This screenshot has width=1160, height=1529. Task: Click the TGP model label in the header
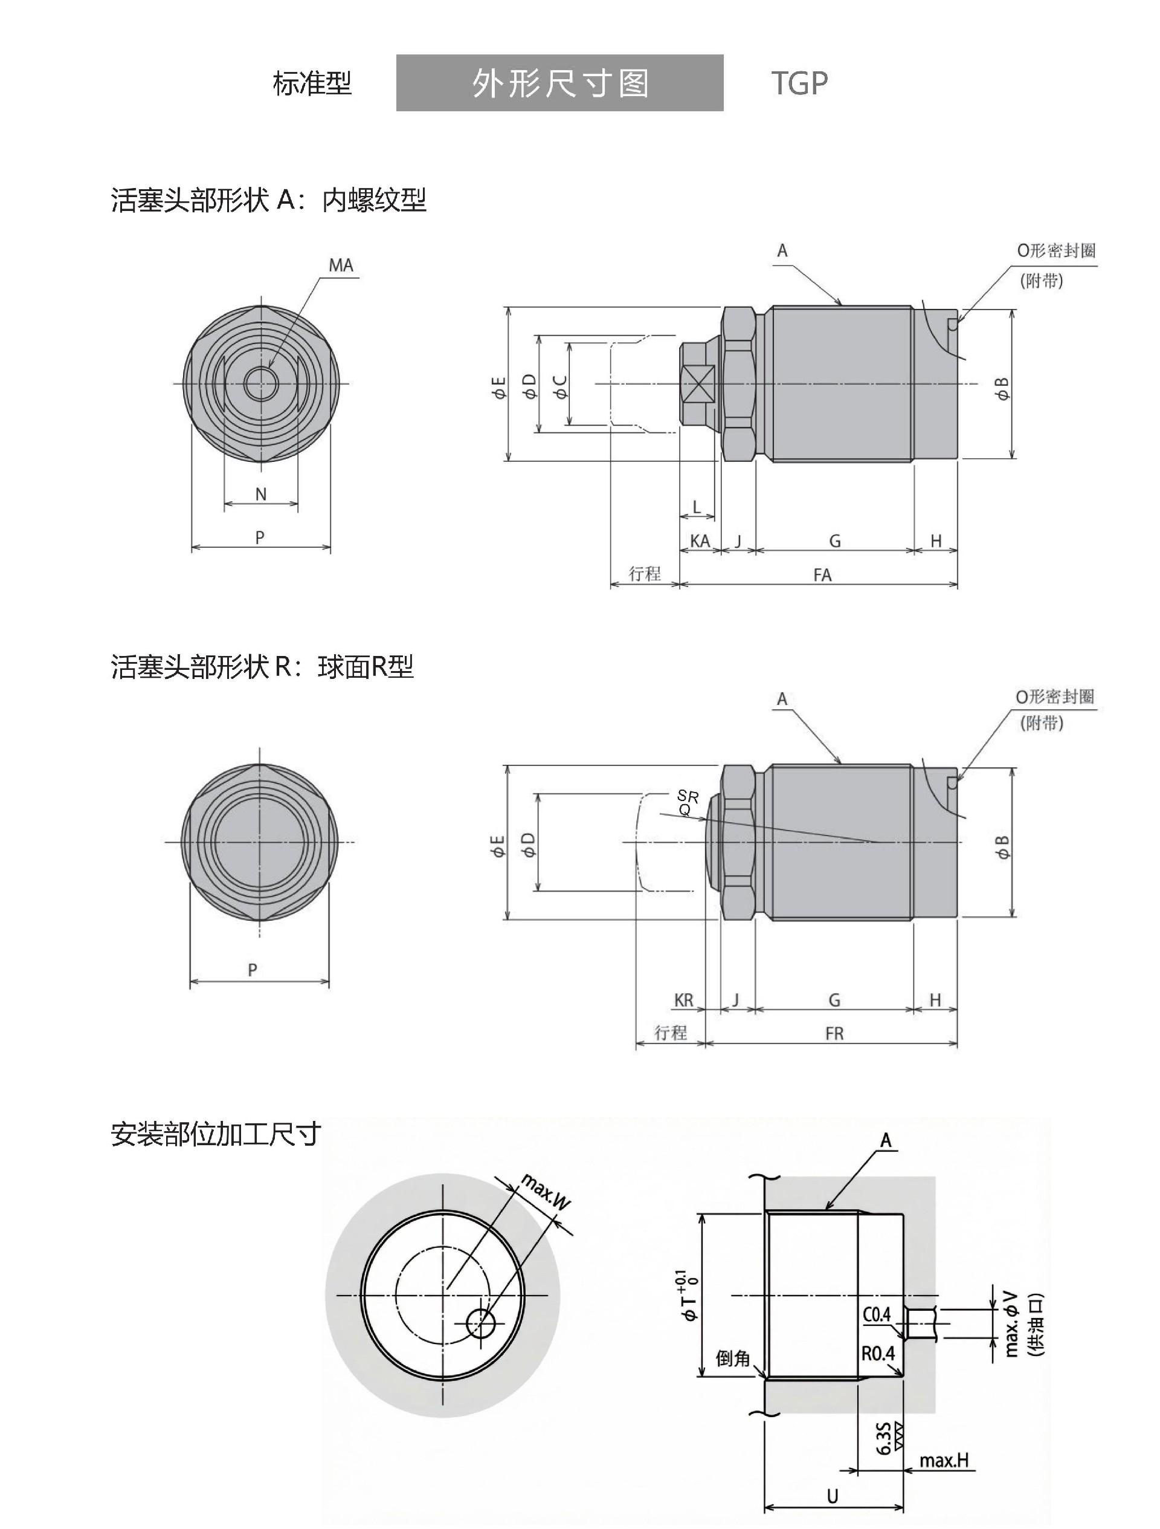pos(799,83)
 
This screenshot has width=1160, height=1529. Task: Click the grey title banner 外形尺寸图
pos(559,83)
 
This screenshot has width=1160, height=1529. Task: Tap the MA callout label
pos(341,265)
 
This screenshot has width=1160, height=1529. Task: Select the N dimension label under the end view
pos(260,493)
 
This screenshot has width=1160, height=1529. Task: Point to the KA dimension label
pos(699,541)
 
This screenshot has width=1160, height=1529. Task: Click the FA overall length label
pos(822,574)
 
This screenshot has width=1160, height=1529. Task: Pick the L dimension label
pos(697,507)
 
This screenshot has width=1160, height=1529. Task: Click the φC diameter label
pos(560,386)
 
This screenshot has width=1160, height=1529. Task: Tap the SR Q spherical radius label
pos(687,802)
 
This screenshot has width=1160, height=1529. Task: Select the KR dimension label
pos(683,999)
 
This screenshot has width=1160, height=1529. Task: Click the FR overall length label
pos(834,1033)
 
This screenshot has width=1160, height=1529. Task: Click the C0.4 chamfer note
pos(877,1313)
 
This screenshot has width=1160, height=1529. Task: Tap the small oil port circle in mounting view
pos(481,1323)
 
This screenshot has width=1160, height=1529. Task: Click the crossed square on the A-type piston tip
pos(699,384)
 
